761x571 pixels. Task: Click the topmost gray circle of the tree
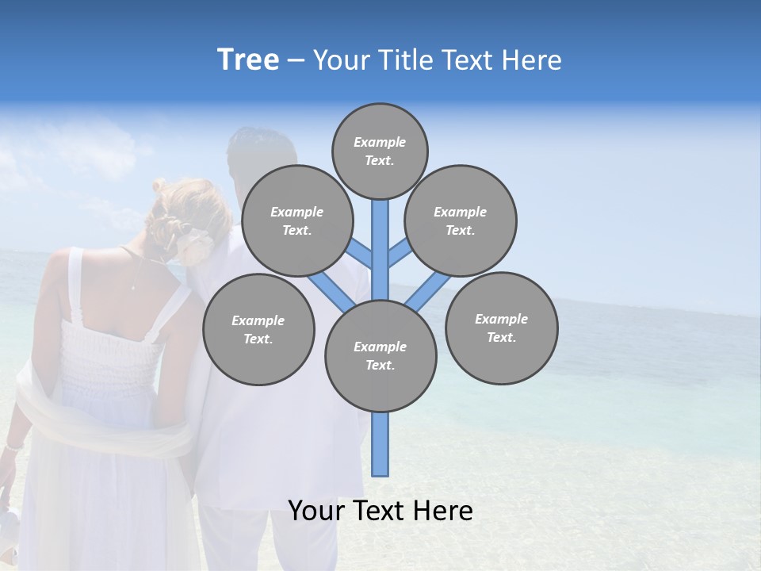(380, 151)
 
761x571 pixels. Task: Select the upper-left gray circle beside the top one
(297, 221)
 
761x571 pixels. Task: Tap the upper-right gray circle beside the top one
(461, 221)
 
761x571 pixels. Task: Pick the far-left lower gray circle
(258, 329)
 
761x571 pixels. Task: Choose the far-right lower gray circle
(502, 328)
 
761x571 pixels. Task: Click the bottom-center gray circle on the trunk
(380, 356)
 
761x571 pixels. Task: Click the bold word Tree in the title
(248, 59)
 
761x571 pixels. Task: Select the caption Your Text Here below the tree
(380, 511)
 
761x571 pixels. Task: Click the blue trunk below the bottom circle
(380, 444)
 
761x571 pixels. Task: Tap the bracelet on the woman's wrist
(12, 448)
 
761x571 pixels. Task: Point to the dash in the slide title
(296, 60)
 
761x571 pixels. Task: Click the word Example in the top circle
(380, 142)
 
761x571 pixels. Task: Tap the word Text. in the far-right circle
(502, 337)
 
